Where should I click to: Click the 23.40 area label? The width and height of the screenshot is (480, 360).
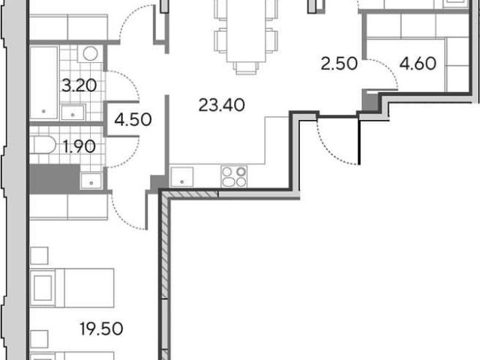222,105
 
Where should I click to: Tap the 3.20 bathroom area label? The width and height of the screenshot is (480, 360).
79,85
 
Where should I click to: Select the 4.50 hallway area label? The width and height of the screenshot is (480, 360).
133,120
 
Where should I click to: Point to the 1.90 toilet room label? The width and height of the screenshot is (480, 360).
79,147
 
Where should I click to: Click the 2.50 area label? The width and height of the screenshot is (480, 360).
339,64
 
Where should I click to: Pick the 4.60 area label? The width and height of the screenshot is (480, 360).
418,64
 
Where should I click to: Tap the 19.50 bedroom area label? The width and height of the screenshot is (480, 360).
102,329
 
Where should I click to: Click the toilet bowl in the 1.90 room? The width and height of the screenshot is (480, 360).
43,145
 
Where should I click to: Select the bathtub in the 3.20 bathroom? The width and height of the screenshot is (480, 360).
43,82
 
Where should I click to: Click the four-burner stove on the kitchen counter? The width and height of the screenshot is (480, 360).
234,177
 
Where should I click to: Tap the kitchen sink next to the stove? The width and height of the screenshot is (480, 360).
181,177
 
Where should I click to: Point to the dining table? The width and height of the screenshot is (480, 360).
246,31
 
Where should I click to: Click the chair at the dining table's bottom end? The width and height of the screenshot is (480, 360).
246,68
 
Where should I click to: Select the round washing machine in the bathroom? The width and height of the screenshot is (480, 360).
90,54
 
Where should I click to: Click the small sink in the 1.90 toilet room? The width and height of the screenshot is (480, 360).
91,181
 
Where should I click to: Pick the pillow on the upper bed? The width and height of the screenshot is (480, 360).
43,288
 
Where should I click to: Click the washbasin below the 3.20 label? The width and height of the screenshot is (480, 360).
73,112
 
